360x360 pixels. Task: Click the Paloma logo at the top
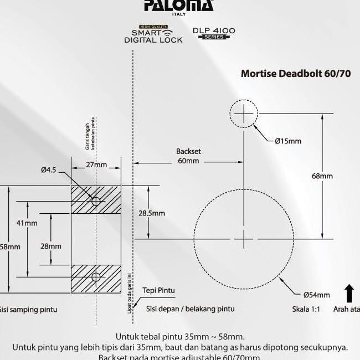tap(178, 6)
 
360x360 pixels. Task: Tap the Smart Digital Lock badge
tap(153, 34)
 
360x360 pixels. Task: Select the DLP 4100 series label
tap(214, 33)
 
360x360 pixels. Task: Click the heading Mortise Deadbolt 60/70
tap(296, 74)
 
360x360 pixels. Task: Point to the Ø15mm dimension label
tap(288, 141)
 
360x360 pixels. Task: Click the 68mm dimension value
tap(322, 176)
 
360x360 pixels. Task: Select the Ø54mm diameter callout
tap(316, 295)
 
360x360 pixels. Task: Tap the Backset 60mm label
tap(188, 156)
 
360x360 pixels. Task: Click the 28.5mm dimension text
tap(151, 213)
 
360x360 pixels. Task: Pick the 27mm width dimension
tap(96, 165)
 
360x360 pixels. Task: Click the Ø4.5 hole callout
tap(48, 170)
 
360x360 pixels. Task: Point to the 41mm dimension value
tap(27, 223)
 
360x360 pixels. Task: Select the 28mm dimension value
tap(51, 246)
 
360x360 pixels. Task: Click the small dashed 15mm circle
tap(243, 114)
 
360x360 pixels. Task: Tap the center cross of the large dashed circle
tap(244, 239)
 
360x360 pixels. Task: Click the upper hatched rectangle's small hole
tap(96, 200)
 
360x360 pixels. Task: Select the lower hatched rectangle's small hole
tap(96, 276)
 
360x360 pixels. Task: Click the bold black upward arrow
tap(349, 293)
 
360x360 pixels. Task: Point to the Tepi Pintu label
tap(158, 290)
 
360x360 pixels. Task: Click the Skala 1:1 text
tap(306, 309)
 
